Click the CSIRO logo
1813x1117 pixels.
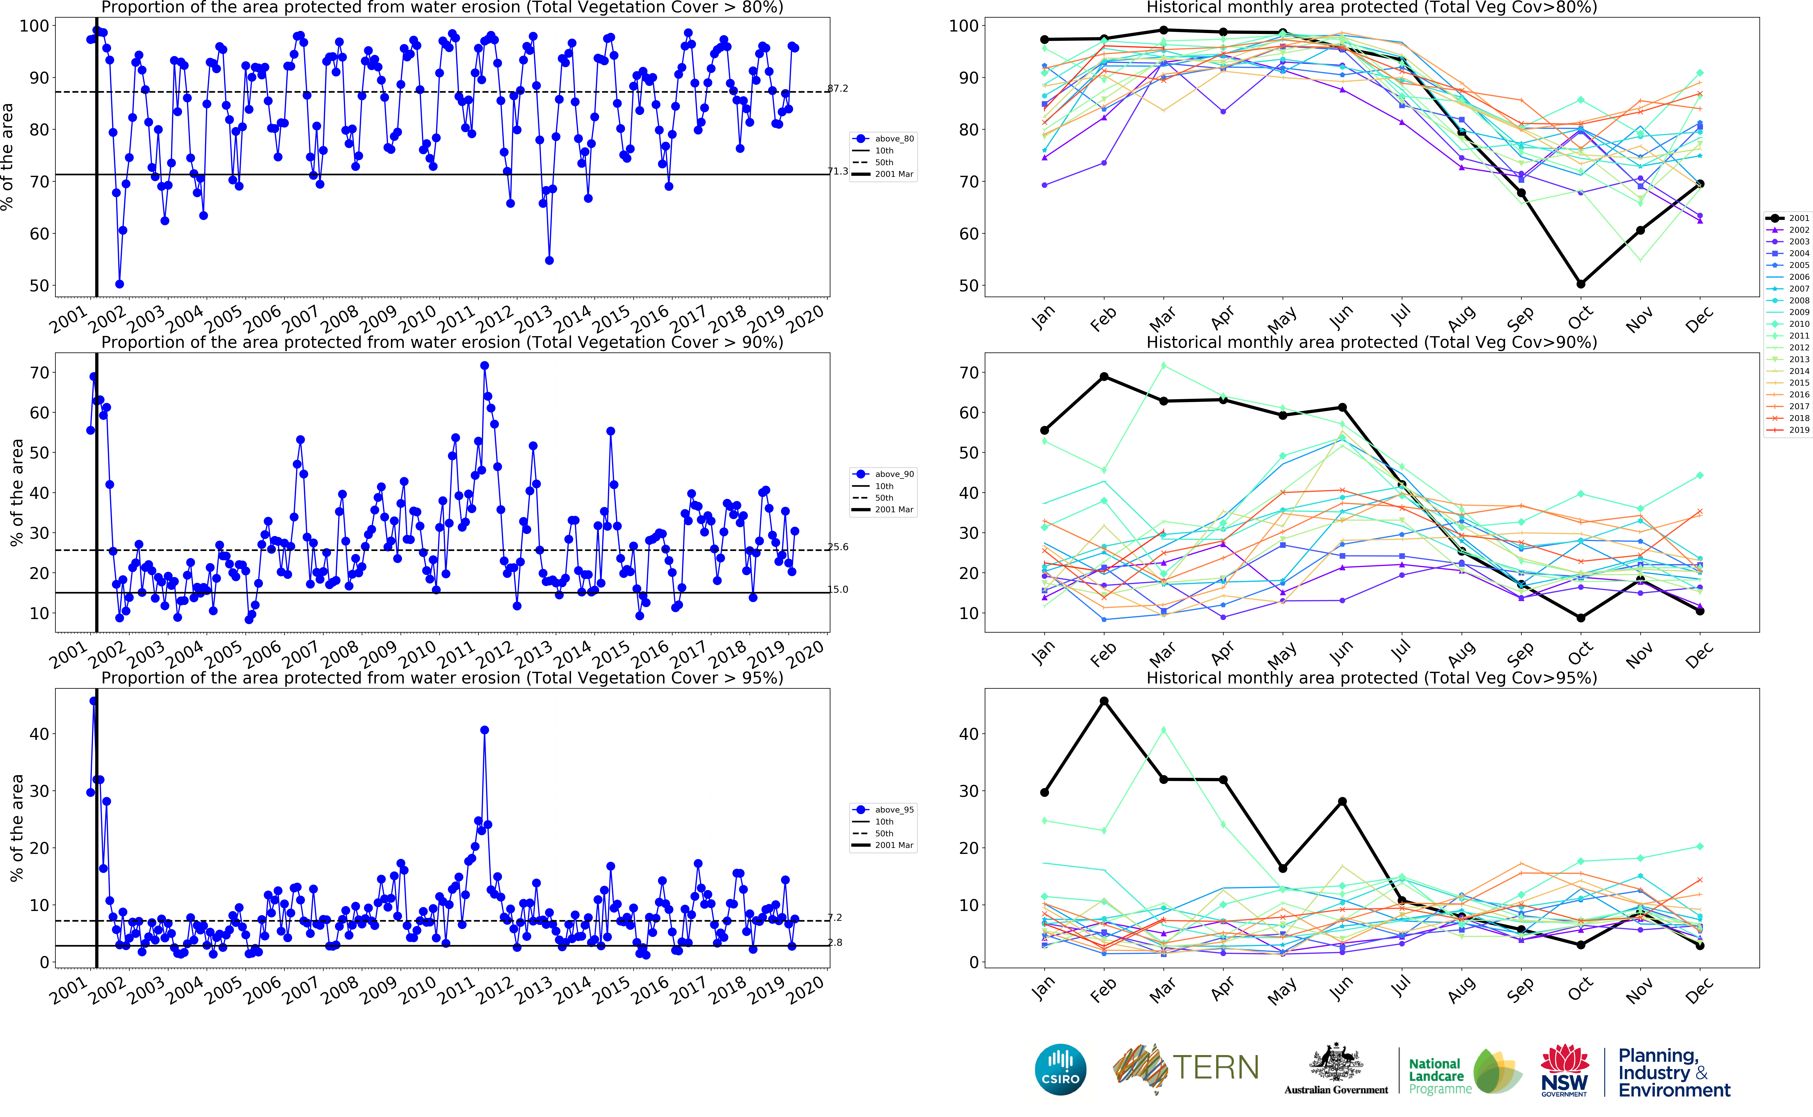[1061, 1069]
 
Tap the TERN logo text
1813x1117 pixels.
[1215, 1067]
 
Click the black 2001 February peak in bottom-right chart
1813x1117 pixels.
[1104, 701]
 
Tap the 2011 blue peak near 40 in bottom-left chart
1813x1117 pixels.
[485, 730]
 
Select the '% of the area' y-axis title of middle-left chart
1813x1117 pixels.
[16, 493]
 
